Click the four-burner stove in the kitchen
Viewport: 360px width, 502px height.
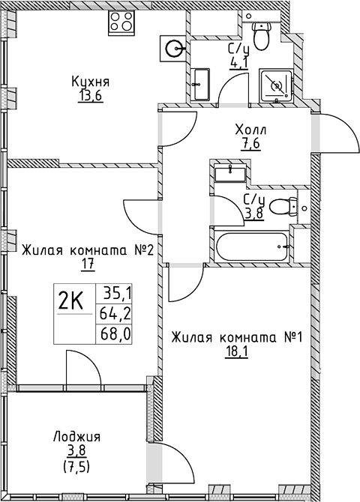121,22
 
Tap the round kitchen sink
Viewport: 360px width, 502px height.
172,49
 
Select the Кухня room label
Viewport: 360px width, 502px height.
91,82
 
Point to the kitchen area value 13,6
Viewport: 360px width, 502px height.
91,96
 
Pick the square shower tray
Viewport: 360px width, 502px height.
276,85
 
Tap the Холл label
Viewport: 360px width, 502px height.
250,130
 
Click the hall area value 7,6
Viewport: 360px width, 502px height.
251,145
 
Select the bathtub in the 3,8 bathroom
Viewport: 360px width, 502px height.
252,247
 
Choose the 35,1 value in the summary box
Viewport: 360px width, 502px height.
117,293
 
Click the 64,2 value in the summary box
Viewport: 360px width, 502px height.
115,315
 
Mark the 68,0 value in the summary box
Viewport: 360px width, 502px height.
115,335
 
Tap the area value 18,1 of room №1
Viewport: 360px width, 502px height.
236,352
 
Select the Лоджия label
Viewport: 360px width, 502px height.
77,437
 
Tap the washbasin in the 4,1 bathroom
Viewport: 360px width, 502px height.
200,84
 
